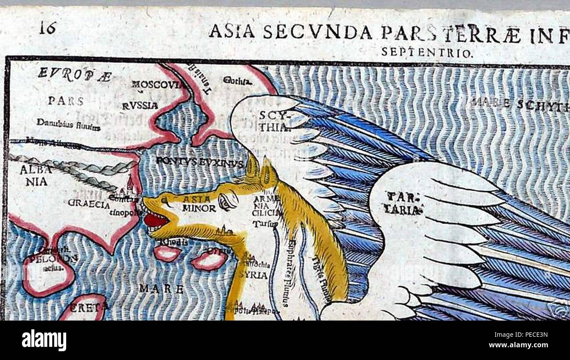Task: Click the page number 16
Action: (48, 29)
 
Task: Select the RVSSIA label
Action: (140, 106)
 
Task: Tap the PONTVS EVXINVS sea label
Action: (200, 162)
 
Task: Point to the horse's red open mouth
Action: (156, 220)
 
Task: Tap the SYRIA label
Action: (254, 275)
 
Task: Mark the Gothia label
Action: (238, 81)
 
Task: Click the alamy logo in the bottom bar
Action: (44, 340)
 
